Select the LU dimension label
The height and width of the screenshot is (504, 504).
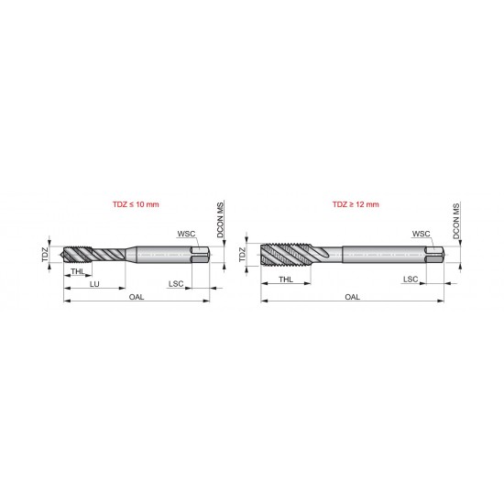click(93, 285)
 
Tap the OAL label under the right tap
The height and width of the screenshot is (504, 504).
click(352, 298)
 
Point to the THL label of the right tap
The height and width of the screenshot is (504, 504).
click(286, 279)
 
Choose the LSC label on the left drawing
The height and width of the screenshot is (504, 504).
click(176, 285)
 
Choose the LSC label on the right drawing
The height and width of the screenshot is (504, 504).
click(411, 279)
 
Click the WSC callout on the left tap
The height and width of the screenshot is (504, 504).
click(186, 234)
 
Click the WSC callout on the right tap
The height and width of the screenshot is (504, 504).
click(422, 234)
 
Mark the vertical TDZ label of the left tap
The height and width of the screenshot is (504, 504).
click(46, 254)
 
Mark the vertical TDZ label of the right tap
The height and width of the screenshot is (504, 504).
click(243, 254)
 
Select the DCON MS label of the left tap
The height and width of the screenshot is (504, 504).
click(221, 222)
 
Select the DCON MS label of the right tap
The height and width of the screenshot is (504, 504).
click(456, 222)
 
